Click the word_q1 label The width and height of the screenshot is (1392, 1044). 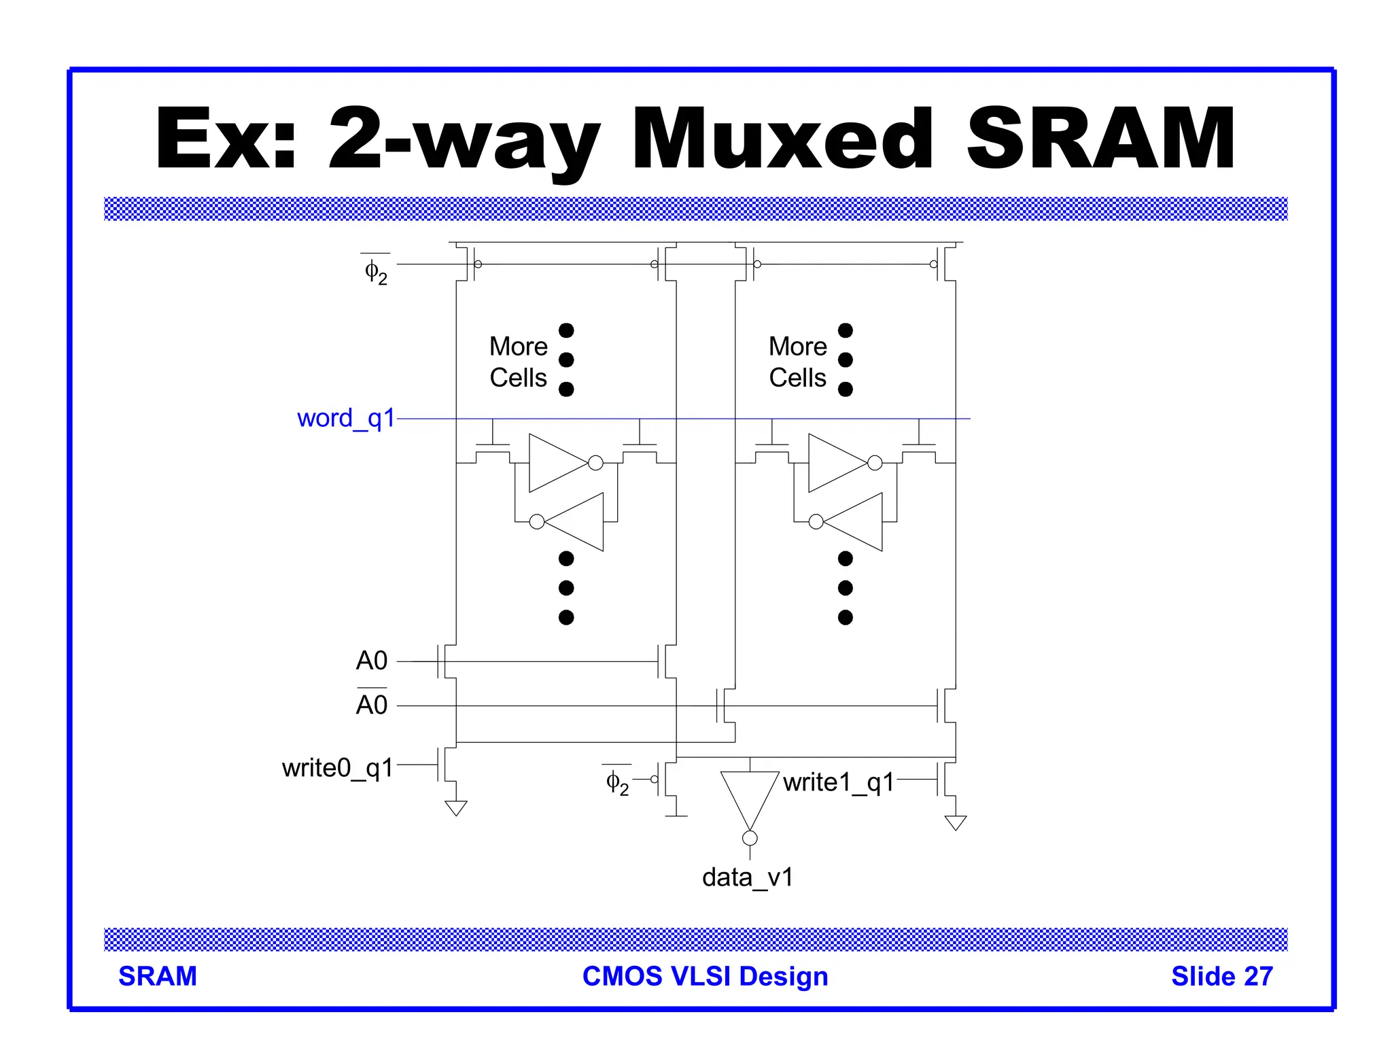tap(345, 419)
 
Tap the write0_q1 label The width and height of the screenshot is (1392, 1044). tap(338, 768)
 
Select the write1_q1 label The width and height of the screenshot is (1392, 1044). tap(838, 782)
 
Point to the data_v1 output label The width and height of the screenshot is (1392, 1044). tap(748, 877)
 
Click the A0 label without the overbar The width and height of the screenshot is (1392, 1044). tap(372, 661)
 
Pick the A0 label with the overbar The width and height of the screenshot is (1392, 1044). tap(372, 705)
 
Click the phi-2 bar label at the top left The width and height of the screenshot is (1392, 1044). tap(376, 271)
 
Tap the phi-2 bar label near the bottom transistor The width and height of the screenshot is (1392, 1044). tap(617, 782)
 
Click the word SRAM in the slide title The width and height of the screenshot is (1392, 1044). tap(1100, 139)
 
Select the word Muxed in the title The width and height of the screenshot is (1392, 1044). tap(782, 139)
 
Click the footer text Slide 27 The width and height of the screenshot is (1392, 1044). tap(1221, 976)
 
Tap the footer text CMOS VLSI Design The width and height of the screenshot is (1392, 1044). tap(705, 976)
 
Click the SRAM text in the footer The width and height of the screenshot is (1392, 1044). tap(158, 976)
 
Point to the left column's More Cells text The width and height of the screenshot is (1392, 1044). tap(519, 362)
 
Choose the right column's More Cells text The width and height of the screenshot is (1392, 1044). tap(798, 362)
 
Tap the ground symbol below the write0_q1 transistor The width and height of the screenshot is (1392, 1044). tap(456, 808)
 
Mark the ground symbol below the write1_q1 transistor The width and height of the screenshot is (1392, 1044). tap(956, 823)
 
